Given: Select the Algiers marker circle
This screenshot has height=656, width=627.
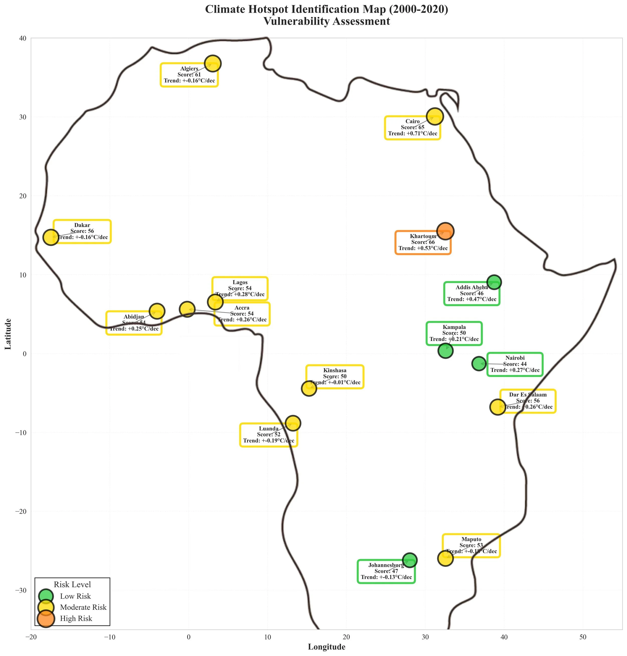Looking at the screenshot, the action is (x=213, y=63).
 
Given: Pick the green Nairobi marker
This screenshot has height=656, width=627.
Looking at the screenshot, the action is (x=479, y=363).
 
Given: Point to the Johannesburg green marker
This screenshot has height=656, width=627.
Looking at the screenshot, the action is (x=410, y=560).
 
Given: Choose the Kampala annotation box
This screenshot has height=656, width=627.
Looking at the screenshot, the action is (x=454, y=333).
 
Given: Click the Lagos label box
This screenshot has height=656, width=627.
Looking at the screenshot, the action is (x=240, y=289).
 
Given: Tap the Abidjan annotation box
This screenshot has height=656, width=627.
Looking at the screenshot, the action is (x=134, y=323).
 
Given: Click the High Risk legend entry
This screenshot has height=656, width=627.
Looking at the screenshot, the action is (x=76, y=619).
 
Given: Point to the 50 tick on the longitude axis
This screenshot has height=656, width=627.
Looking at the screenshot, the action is (x=583, y=637).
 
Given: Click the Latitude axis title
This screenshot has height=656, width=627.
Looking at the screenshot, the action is (x=8, y=334).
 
